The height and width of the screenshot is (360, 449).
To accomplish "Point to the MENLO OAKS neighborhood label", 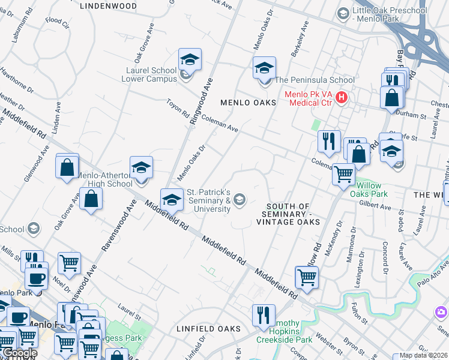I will pyautogui.click(x=248, y=103).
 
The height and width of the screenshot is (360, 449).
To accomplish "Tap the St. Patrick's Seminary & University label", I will pyautogui.click(x=209, y=200).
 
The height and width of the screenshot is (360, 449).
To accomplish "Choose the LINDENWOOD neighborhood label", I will pyautogui.click(x=108, y=5).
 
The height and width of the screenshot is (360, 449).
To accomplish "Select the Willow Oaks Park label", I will pyautogui.click(x=369, y=190).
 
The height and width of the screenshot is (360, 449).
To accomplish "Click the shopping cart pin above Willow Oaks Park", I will pyautogui.click(x=343, y=174).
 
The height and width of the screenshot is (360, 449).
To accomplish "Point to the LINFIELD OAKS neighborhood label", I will pyautogui.click(x=208, y=329).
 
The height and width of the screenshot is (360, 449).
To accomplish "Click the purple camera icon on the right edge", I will pyautogui.click(x=441, y=312).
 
